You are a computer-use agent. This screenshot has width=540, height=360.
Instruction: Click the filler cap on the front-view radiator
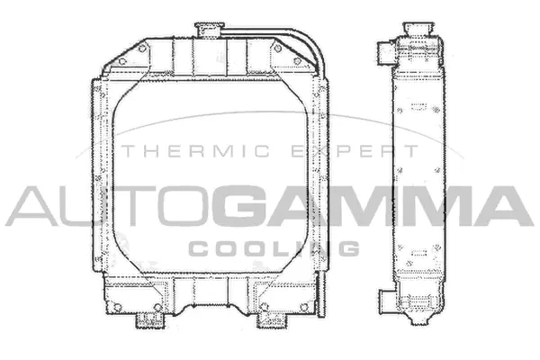tap(209, 30)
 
